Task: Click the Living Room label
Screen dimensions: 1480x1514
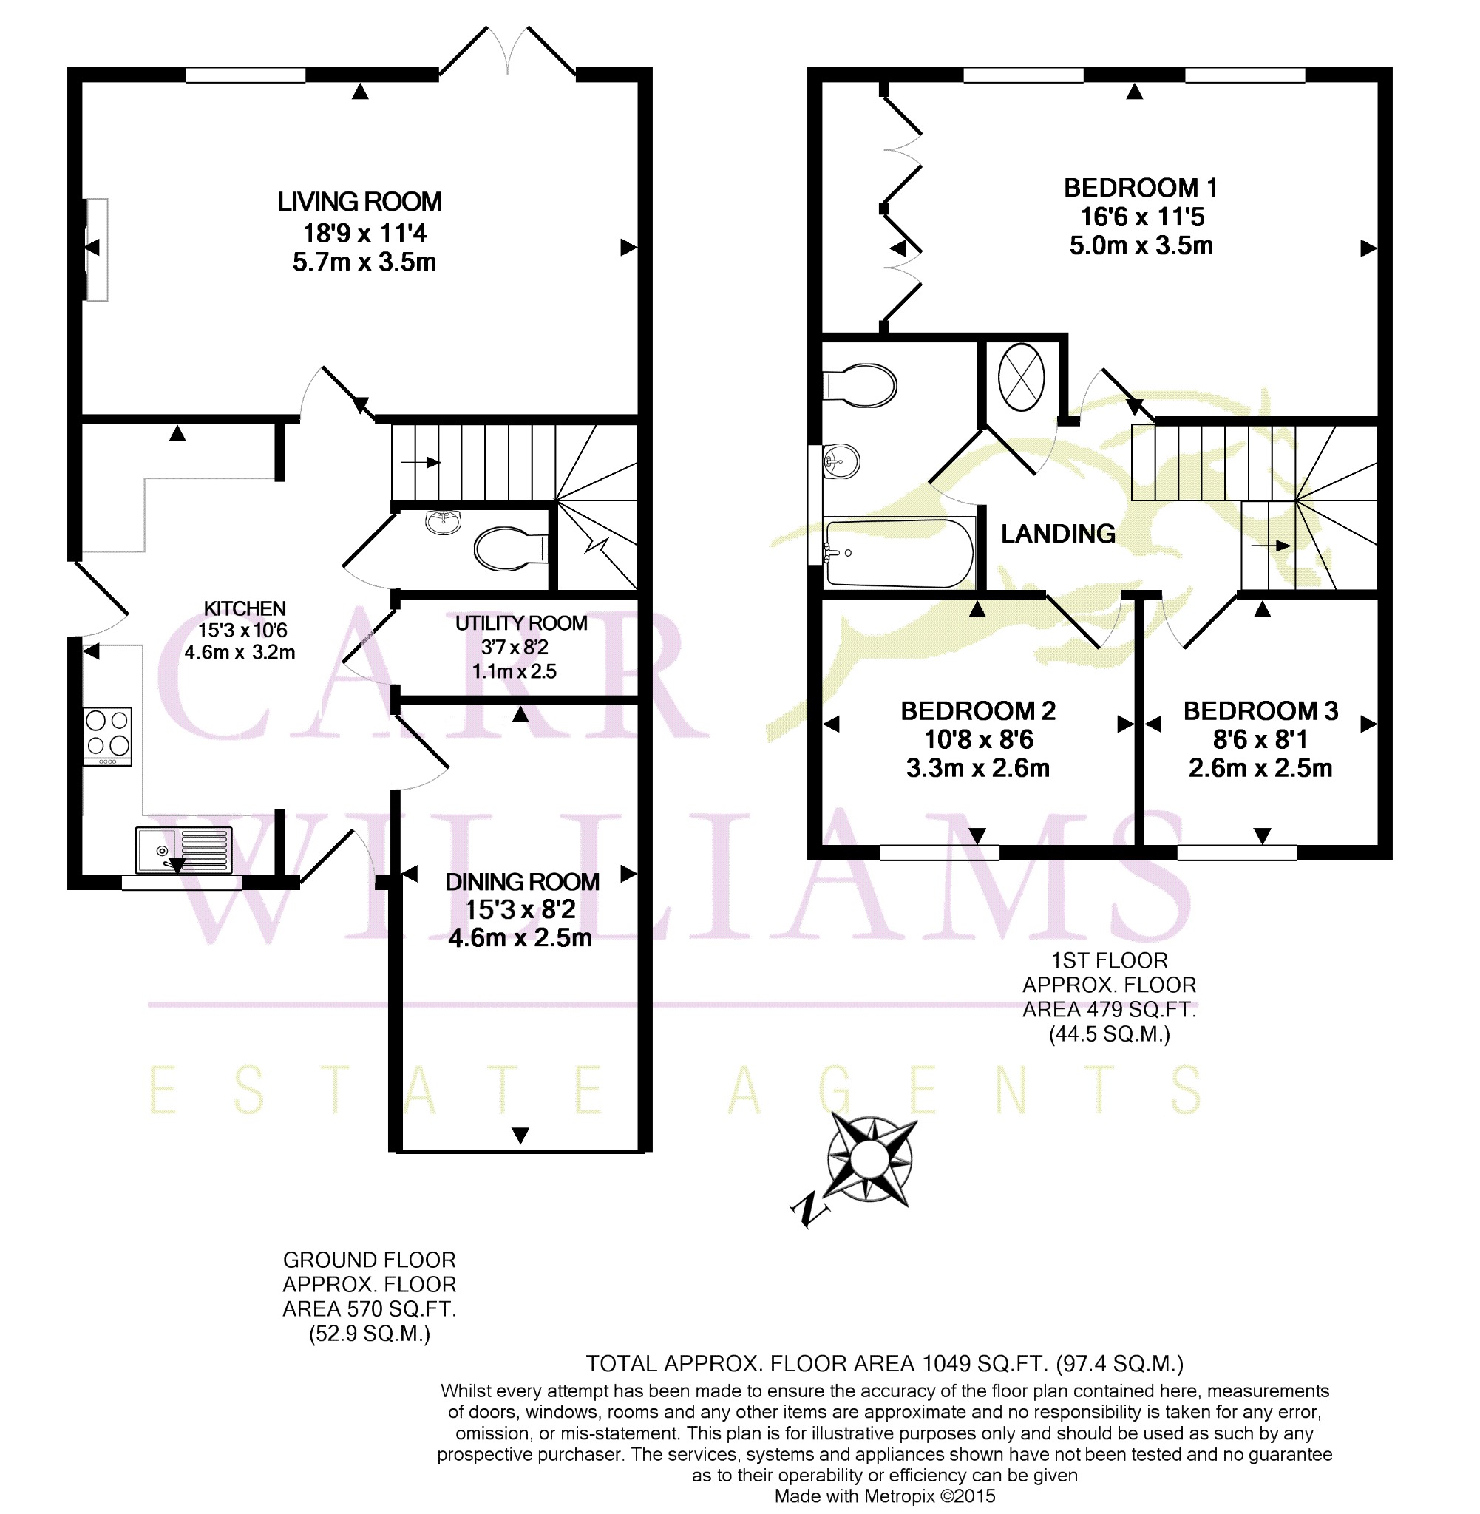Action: point(360,202)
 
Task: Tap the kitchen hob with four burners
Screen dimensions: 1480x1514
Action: point(108,736)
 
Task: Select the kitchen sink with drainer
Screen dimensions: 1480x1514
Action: point(184,849)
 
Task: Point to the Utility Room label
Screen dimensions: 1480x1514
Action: point(520,623)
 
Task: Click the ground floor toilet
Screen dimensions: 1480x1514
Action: point(511,549)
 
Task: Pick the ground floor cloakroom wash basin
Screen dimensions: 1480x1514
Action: point(444,521)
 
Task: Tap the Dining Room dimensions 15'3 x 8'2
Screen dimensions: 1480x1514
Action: point(520,910)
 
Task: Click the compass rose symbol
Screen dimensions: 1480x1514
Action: point(868,1160)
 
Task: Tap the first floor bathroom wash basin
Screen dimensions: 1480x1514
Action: point(841,461)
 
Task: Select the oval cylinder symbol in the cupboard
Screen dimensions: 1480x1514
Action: point(1021,378)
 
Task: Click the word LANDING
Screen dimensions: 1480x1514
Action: point(1058,534)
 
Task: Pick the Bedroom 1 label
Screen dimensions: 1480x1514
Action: point(1141,188)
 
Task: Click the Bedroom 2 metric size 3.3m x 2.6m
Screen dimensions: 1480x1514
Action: point(978,769)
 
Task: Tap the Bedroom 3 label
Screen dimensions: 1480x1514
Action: point(1260,711)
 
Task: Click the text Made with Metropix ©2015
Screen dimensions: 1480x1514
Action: point(885,1496)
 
